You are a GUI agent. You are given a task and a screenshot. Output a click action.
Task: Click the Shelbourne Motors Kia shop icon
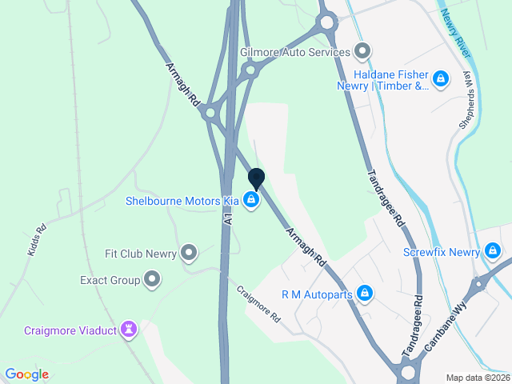pyautogui.click(x=251, y=200)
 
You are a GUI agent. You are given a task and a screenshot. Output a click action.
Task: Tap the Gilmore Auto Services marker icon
pyautogui.click(x=362, y=53)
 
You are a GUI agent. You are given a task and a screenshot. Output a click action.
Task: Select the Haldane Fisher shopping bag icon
pyautogui.click(x=440, y=78)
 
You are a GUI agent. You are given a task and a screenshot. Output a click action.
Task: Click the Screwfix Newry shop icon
pyautogui.click(x=493, y=252)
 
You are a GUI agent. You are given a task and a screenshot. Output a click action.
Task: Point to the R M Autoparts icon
pyautogui.click(x=364, y=294)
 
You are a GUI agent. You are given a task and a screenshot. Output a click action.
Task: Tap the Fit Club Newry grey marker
pyautogui.click(x=189, y=254)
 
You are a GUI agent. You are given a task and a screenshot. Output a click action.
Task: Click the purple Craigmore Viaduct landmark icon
pyautogui.click(x=128, y=330)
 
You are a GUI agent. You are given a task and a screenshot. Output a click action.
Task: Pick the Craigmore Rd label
pyautogui.click(x=258, y=305)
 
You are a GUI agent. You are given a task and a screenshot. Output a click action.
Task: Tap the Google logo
pyautogui.click(x=26, y=374)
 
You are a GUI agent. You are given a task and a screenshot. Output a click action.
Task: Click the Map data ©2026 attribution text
pyautogui.click(x=476, y=378)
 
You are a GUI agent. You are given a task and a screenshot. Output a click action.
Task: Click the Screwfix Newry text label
pyautogui.click(x=442, y=252)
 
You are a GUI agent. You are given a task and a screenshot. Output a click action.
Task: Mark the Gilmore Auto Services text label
pyautogui.click(x=295, y=53)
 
